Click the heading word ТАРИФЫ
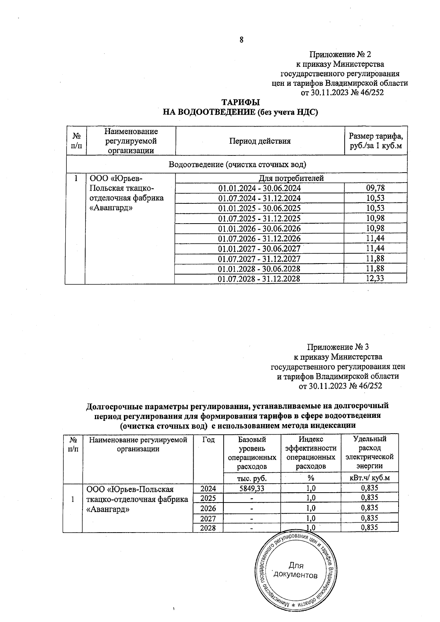click(x=241, y=103)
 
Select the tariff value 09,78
click(x=375, y=188)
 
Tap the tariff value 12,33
click(x=375, y=279)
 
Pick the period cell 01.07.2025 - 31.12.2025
click(x=259, y=218)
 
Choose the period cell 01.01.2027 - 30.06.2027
click(x=259, y=249)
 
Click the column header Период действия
click(x=260, y=141)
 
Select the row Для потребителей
click(x=291, y=178)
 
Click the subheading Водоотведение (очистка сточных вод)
click(x=237, y=164)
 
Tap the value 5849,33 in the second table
click(x=252, y=488)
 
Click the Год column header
click(x=208, y=440)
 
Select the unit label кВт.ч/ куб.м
click(x=369, y=478)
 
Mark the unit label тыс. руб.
click(x=252, y=478)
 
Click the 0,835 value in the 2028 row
click(x=369, y=528)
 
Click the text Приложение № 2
click(x=340, y=55)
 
